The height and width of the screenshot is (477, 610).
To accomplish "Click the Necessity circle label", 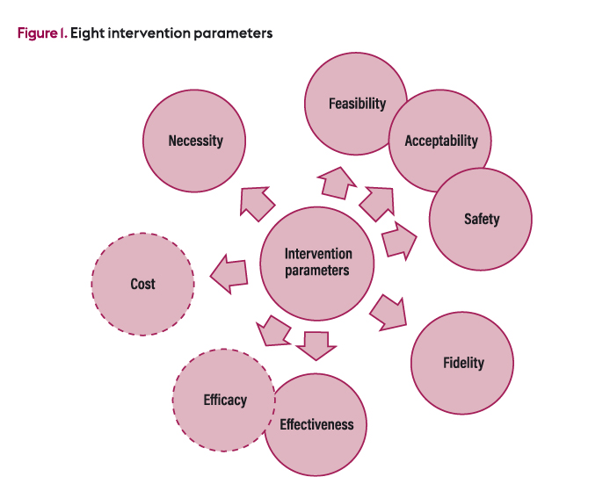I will tap(195, 141).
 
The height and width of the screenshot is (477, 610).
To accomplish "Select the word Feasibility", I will tap(357, 104).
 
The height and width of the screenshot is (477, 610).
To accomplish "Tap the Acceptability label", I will tap(441, 141).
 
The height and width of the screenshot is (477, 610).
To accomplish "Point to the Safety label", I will tap(482, 219).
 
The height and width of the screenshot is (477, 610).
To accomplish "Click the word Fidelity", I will tap(463, 363).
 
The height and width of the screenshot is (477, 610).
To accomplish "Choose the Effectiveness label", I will tap(316, 425).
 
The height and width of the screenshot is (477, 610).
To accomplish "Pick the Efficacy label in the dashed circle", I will tap(225, 400).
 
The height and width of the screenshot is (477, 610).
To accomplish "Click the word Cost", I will tap(142, 284).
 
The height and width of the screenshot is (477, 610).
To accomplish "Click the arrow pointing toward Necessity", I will tap(256, 203).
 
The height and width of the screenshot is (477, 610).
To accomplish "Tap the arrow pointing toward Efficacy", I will tap(272, 331).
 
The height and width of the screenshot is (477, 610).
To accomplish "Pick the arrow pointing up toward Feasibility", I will tap(335, 182).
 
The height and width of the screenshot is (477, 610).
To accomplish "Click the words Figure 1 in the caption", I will tap(40, 33).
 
